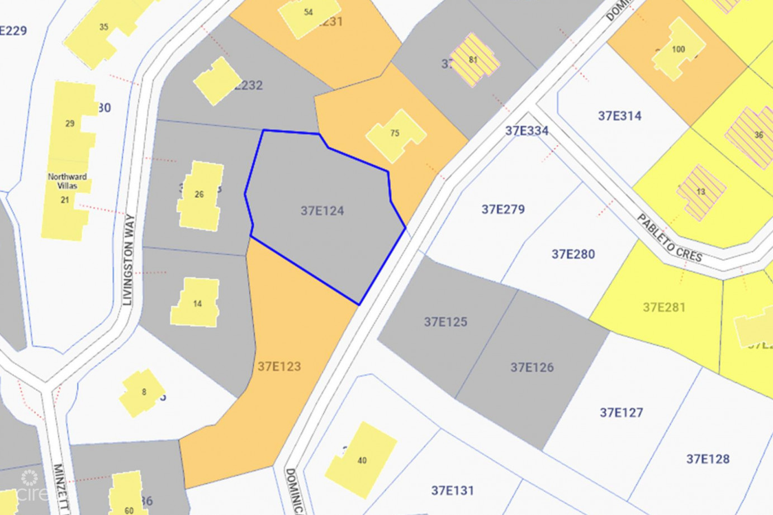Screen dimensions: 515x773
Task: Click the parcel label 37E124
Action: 322,211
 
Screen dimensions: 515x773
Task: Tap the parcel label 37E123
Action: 279,366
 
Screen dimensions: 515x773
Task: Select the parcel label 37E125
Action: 445,322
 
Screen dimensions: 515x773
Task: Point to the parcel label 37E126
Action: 532,367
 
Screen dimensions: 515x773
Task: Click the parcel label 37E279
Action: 503,209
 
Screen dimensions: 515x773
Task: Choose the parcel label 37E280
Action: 573,254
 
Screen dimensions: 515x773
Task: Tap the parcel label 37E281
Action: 664,307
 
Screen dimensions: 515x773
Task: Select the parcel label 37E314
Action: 619,116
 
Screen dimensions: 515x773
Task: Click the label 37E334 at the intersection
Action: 527,131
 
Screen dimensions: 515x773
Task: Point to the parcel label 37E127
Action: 621,413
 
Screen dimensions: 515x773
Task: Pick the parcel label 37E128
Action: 708,459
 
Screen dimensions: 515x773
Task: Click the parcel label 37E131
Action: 452,490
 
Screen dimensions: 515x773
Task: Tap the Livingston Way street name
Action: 129,260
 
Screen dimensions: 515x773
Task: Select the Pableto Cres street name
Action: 669,238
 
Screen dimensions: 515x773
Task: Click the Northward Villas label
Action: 67,181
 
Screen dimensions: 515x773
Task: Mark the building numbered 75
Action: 395,134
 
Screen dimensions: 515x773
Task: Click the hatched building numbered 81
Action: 473,60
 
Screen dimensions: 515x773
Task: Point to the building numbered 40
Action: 362,460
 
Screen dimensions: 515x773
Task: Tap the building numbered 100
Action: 678,50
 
